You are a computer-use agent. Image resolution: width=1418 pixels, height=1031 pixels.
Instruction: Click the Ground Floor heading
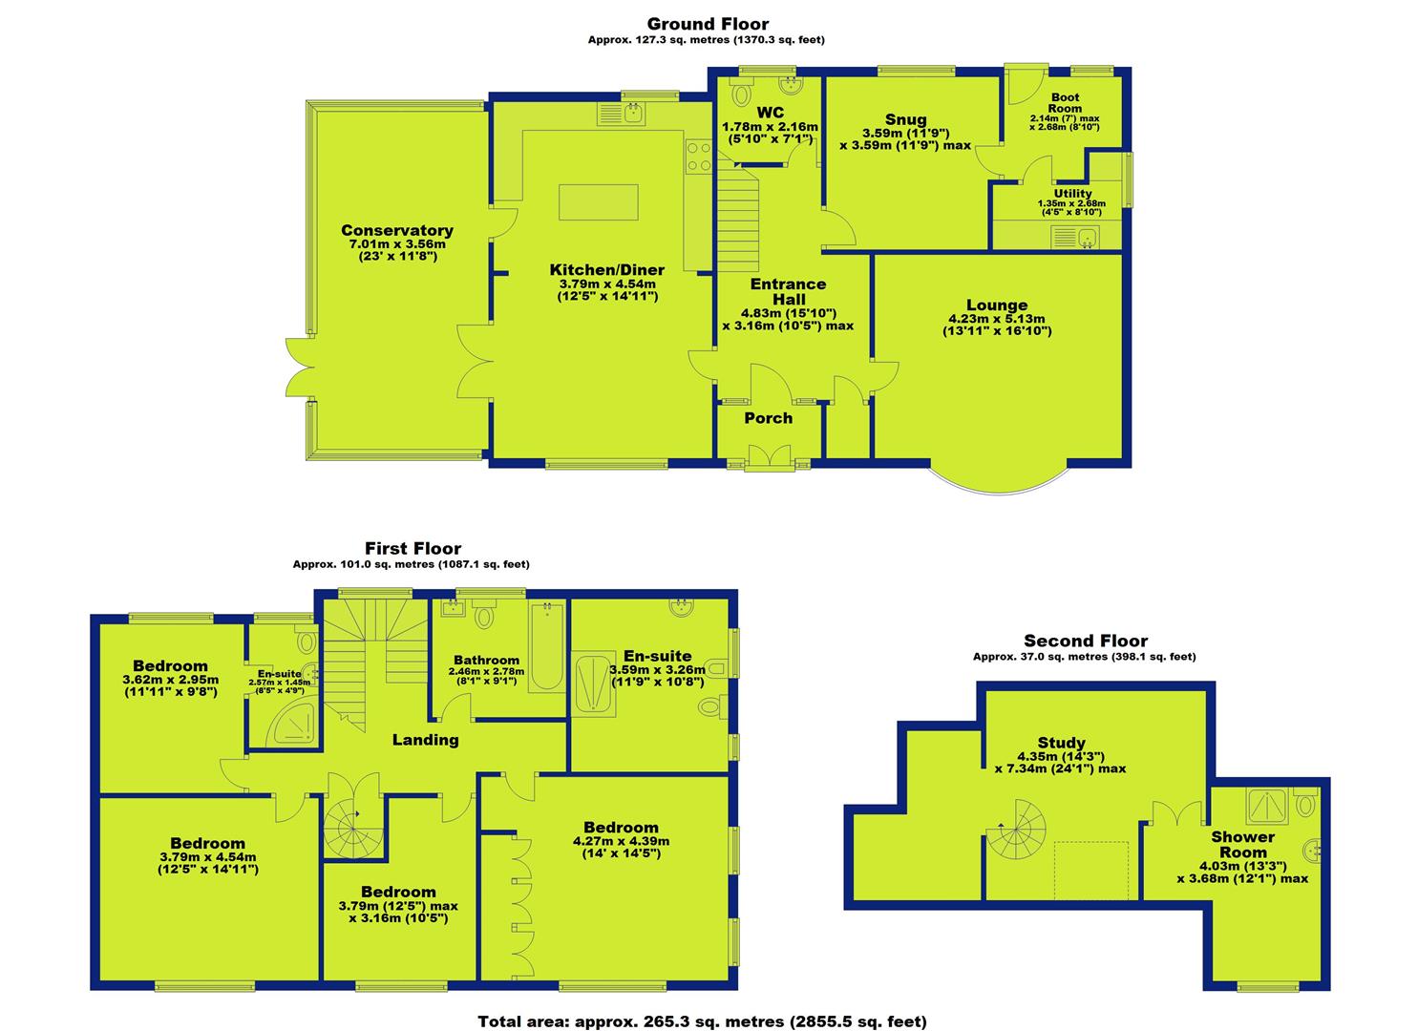click(708, 24)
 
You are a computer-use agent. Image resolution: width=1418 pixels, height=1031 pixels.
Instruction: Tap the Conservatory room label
click(397, 230)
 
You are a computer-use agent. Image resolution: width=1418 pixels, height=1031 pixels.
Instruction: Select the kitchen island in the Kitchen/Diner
click(598, 201)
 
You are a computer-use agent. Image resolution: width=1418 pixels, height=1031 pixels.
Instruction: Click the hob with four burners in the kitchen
click(698, 157)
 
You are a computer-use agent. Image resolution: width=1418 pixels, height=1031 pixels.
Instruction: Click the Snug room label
click(905, 119)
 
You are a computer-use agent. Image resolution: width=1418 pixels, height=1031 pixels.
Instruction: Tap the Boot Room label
click(1065, 102)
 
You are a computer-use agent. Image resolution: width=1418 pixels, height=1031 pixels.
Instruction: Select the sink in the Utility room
click(1075, 238)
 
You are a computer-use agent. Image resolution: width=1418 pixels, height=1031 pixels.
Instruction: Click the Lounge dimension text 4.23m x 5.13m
click(996, 319)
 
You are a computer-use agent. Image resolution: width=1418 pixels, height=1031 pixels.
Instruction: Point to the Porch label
click(768, 418)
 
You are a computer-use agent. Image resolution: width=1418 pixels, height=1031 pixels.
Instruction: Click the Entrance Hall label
click(788, 291)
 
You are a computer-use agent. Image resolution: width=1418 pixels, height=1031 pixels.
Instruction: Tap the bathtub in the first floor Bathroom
click(546, 646)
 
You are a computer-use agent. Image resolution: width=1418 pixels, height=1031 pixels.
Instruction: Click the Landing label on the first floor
click(425, 739)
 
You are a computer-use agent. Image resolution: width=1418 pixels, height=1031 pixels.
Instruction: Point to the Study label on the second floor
click(1061, 743)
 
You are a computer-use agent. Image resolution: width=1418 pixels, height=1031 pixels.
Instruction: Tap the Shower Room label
click(1242, 844)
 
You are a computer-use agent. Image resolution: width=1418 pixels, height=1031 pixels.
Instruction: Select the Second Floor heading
click(1086, 641)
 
